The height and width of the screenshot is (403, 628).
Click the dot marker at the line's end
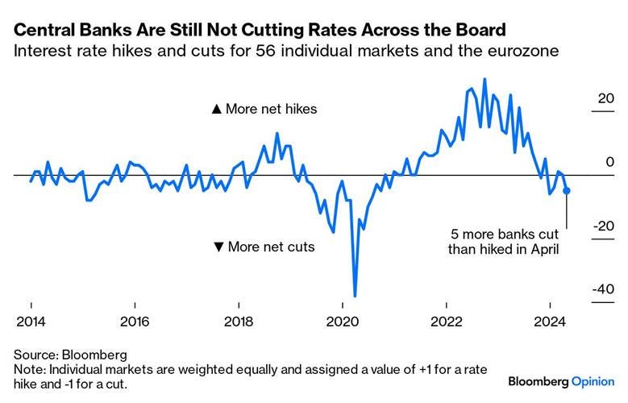click(567, 191)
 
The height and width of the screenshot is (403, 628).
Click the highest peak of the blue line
click(485, 79)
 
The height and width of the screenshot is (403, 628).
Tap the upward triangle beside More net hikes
click(215, 109)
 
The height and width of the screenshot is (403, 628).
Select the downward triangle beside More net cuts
click(218, 247)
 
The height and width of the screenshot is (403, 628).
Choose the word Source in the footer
click(35, 354)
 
